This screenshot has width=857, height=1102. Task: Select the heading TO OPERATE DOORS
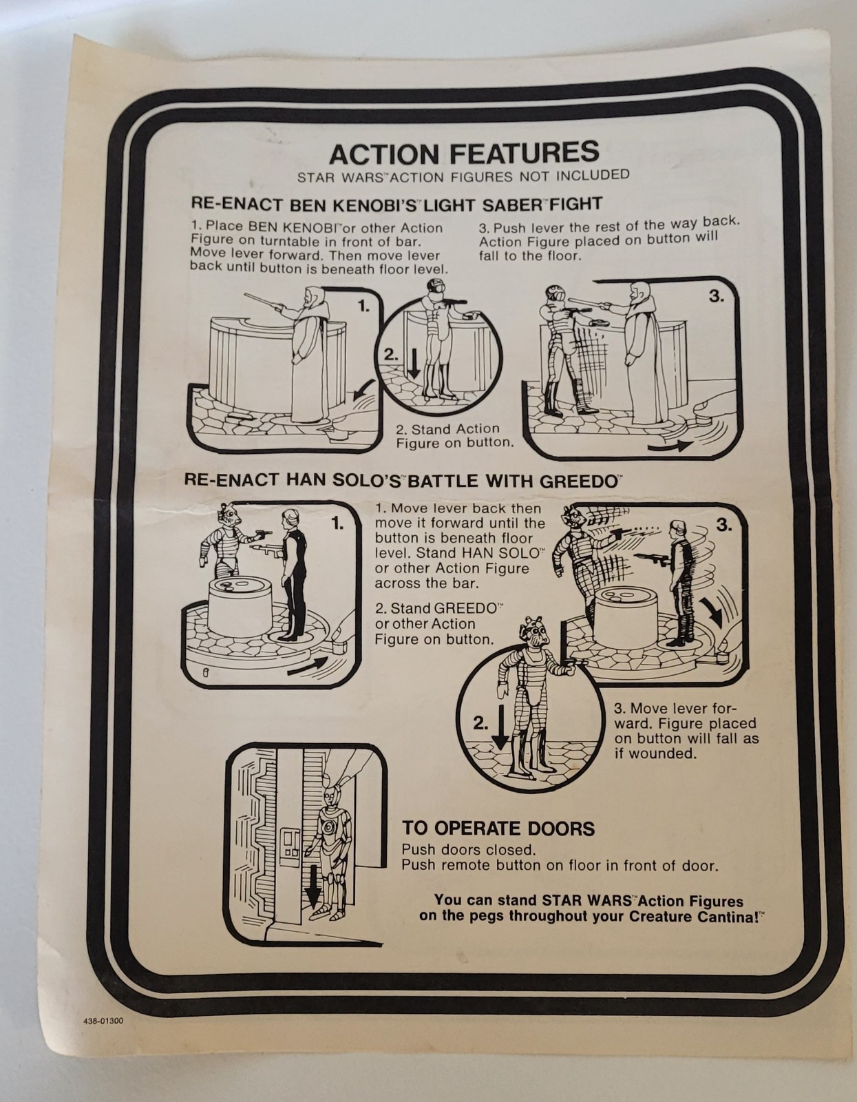click(x=498, y=828)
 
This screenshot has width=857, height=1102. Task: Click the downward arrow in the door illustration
click(x=313, y=893)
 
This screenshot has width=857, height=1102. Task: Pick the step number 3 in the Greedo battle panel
click(x=724, y=526)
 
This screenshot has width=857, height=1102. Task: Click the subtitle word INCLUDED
click(x=593, y=175)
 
